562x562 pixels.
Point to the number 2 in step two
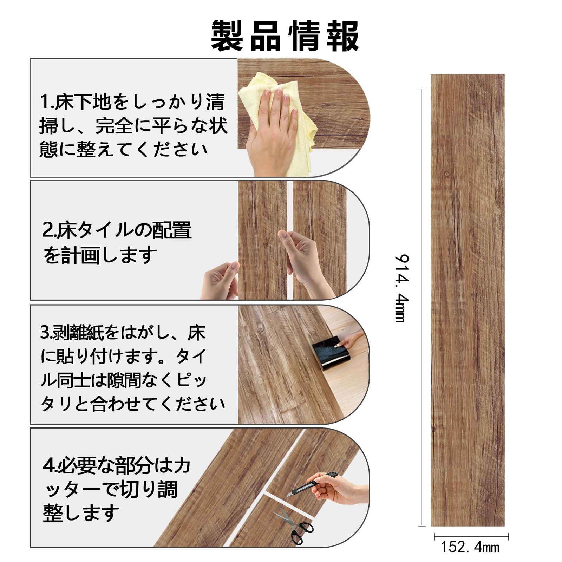pyautogui.click(x=47, y=230)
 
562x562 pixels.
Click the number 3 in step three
pyautogui.click(x=45, y=332)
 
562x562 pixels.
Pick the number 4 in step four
pyautogui.click(x=48, y=466)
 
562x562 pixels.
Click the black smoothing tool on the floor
pyautogui.click(x=331, y=353)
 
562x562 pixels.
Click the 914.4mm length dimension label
pyautogui.click(x=401, y=288)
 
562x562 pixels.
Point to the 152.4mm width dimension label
pyautogui.click(x=470, y=547)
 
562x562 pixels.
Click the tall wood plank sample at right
pyautogui.click(x=468, y=300)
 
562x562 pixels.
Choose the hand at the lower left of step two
pyautogui.click(x=220, y=281)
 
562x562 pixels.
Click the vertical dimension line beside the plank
pyautogui.click(x=422, y=307)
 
